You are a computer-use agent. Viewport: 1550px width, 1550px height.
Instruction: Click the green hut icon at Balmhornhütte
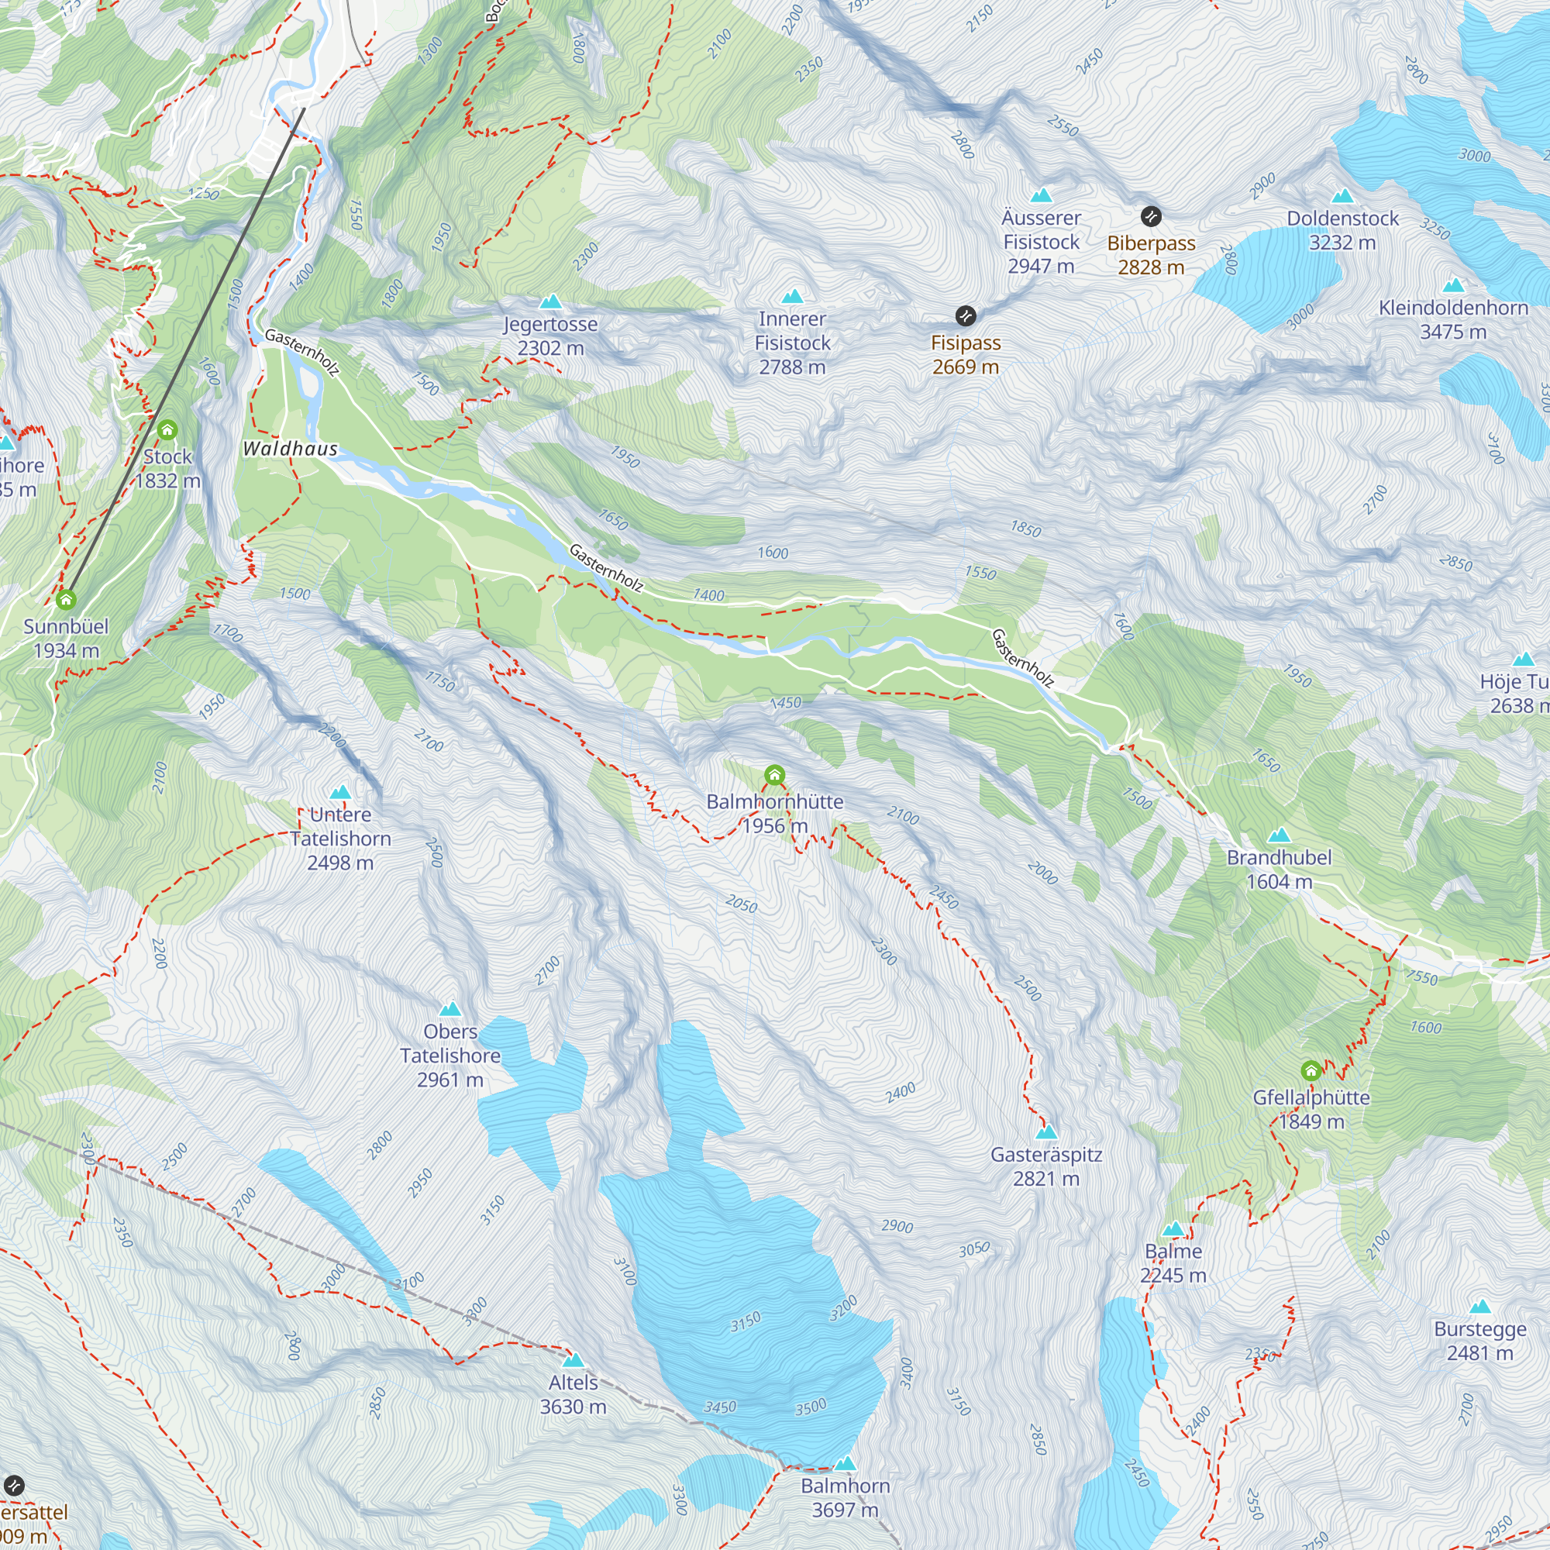774,775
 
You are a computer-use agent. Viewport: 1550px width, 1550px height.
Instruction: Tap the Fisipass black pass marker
965,315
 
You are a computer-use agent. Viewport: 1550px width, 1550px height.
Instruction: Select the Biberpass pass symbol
1150,215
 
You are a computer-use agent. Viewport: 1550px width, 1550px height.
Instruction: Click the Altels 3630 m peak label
573,1394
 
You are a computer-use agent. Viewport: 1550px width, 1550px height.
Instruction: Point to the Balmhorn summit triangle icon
845,1463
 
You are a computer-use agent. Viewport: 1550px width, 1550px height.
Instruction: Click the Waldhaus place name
291,449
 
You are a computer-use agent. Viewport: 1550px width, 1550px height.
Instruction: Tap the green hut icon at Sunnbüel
66,599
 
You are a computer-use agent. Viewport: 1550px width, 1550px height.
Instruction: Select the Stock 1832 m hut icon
167,430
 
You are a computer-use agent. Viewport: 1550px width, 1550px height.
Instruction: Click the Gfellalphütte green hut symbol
1311,1070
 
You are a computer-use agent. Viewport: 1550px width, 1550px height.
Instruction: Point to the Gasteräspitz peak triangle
1046,1132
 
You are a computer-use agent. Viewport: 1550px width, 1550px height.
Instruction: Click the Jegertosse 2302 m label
550,336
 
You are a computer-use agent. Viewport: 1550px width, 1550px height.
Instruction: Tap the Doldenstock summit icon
1342,197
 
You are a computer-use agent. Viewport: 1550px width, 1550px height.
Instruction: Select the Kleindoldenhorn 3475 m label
1453,319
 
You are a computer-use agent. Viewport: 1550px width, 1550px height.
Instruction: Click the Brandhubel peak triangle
1279,835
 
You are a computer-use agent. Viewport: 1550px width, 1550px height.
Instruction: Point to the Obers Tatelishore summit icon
450,1009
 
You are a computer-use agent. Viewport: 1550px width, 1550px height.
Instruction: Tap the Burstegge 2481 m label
1480,1341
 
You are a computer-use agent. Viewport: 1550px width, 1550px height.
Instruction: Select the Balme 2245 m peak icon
1173,1229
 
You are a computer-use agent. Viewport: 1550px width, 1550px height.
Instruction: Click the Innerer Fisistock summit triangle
792,297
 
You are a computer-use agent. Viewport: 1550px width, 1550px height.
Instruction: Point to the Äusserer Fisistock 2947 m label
1041,242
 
